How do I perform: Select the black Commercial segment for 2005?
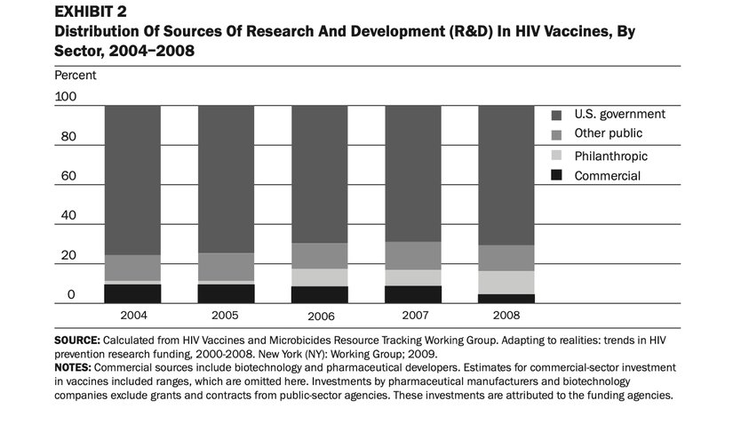(226, 293)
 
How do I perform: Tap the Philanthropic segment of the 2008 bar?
(506, 282)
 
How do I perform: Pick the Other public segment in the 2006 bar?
(319, 255)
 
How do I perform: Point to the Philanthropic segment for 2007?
(413, 277)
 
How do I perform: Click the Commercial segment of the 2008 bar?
(506, 299)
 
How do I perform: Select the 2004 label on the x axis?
(132, 315)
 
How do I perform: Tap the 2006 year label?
(319, 317)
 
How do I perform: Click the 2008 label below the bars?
(506, 315)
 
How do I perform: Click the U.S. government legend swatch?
(556, 115)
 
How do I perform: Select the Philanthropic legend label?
(610, 156)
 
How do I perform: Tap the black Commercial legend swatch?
(556, 175)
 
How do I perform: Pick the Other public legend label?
(608, 133)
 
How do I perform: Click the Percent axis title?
(75, 76)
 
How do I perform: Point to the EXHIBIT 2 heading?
(90, 12)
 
